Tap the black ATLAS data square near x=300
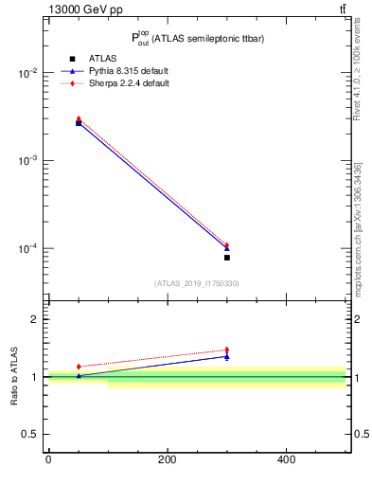(x=227, y=258)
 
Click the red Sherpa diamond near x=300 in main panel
(x=227, y=245)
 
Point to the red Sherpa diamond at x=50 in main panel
(x=79, y=118)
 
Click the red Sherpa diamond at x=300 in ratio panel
(x=227, y=350)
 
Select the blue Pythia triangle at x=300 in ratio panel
(x=227, y=356)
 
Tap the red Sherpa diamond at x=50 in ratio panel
(x=79, y=367)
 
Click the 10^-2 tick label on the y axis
(x=32, y=73)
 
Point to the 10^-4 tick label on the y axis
(x=32, y=249)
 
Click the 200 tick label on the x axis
(x=168, y=460)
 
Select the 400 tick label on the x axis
(x=286, y=460)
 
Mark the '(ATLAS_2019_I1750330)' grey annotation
(x=196, y=283)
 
